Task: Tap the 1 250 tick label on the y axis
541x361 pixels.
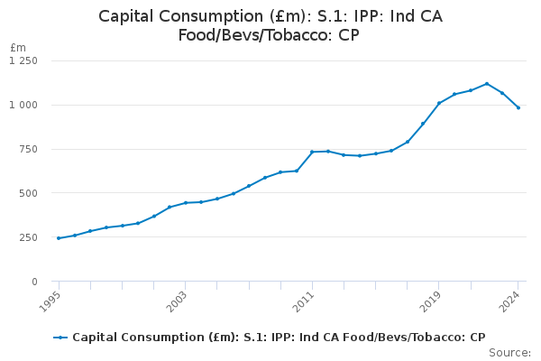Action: pos(23,60)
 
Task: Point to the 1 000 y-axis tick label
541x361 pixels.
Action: pos(23,105)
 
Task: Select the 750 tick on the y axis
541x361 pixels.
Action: pos(28,149)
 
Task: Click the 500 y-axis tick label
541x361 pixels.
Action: pos(28,193)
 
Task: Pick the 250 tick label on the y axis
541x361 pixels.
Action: pos(28,237)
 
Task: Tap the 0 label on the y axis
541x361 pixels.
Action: pos(34,282)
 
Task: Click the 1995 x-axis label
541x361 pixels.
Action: pos(53,299)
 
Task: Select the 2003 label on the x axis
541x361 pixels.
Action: pos(179,299)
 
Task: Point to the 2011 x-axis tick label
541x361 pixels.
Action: pos(307,299)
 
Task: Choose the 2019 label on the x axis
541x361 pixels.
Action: pos(433,299)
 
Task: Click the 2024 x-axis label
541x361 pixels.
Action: pos(512,299)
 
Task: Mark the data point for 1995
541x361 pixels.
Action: pos(59,238)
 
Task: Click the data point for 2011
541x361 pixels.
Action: pos(312,152)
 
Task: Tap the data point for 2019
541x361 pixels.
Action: pos(438,103)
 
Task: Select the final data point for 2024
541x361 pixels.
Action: pos(518,107)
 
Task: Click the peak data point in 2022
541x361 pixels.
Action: pos(486,84)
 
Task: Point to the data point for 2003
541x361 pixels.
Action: pos(185,203)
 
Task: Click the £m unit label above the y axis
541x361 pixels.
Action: pos(18,47)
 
